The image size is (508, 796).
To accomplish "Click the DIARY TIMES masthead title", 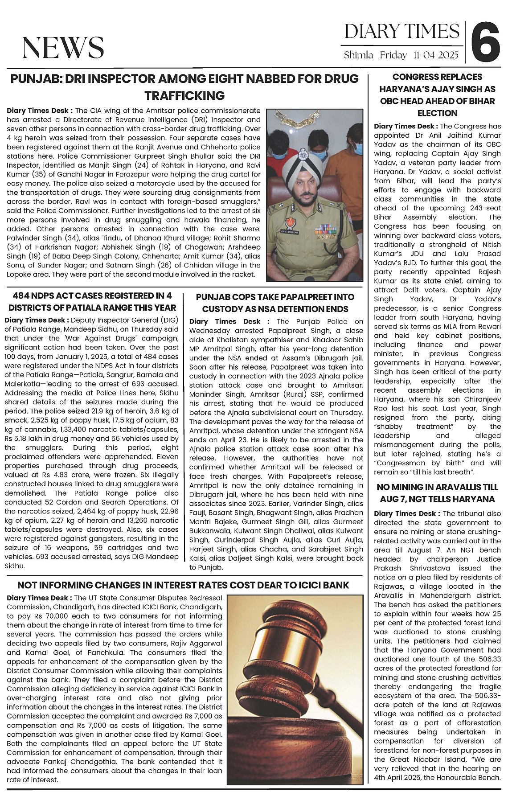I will [x=402, y=32].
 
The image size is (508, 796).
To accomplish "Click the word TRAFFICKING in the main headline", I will [x=184, y=95].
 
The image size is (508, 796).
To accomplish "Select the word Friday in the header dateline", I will [x=393, y=56].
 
